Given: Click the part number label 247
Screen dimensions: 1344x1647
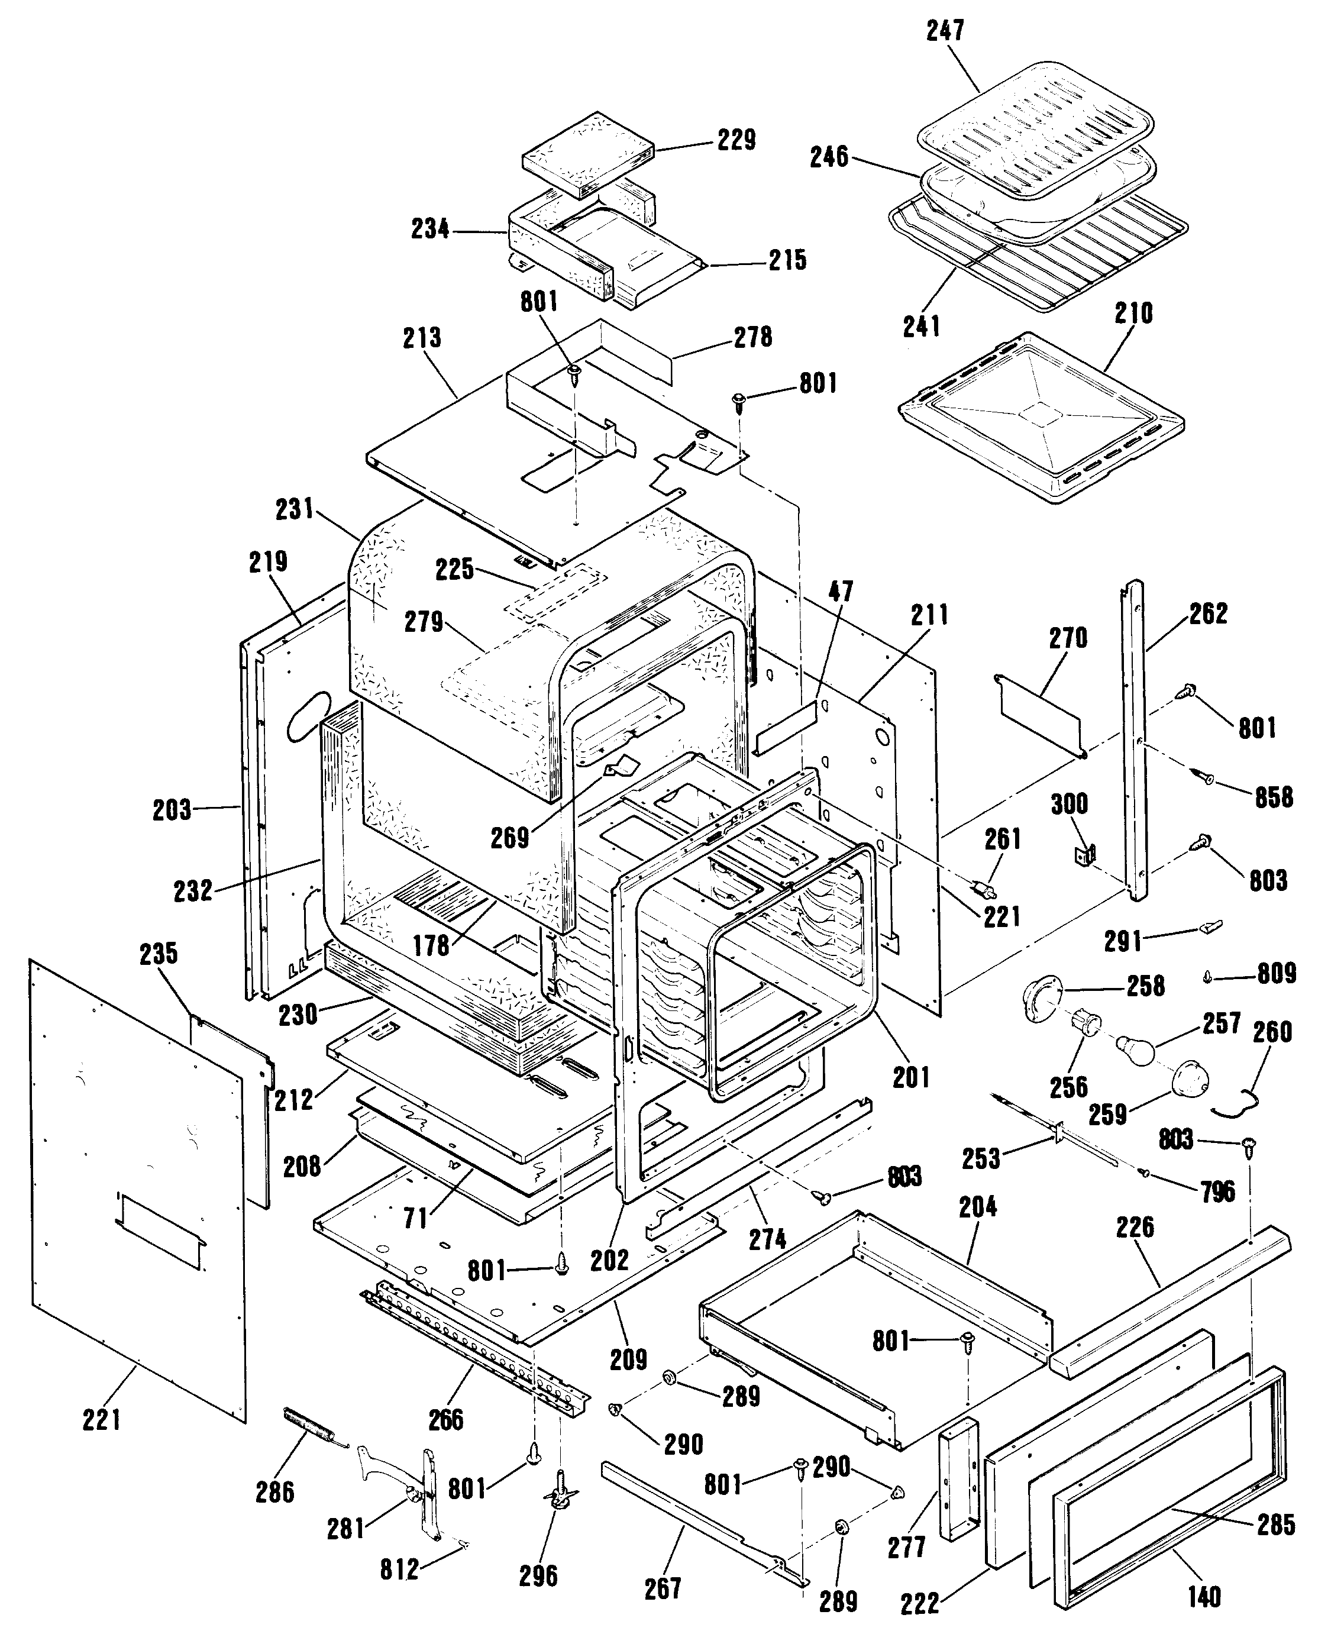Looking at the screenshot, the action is click(945, 30).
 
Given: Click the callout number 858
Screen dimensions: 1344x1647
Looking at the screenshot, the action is click(1274, 797).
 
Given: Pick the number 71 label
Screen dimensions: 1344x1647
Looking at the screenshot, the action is click(416, 1219).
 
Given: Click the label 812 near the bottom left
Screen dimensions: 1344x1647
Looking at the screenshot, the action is click(399, 1569).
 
